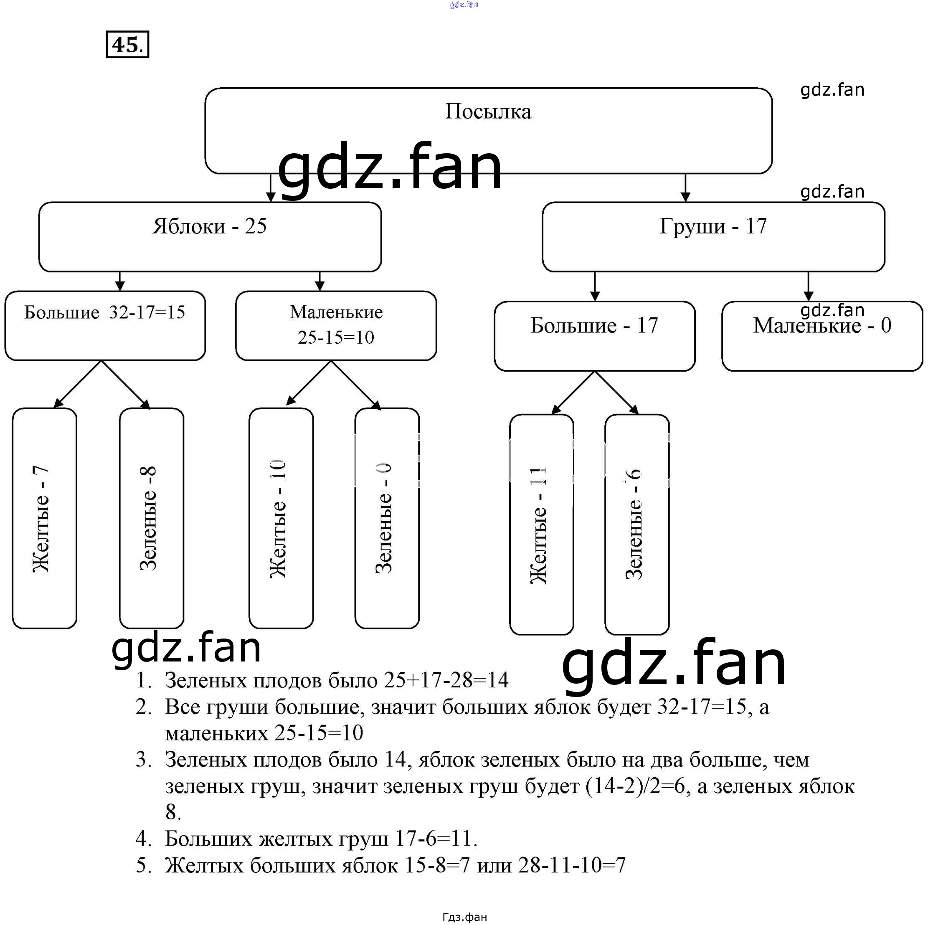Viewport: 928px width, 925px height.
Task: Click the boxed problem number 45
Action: point(127,45)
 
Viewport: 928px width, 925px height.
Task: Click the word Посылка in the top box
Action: point(488,112)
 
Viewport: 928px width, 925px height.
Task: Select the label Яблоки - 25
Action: point(209,226)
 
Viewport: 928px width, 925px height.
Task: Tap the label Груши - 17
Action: point(713,226)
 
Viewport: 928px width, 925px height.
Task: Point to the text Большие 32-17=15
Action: point(105,313)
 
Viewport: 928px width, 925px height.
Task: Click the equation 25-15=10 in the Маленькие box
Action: point(336,337)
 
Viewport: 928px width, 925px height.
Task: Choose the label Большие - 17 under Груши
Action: point(594,326)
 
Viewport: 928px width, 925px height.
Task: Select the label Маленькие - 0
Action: point(822,326)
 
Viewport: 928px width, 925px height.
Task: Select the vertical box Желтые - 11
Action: point(541,525)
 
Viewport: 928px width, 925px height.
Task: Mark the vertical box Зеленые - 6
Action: point(636,525)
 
